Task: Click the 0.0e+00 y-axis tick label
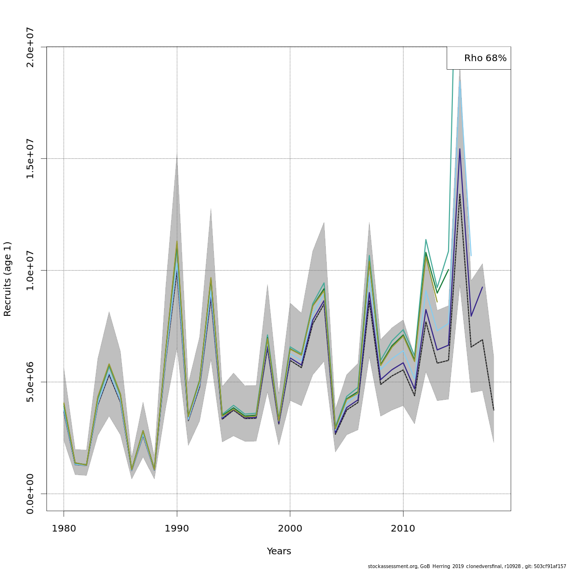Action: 30,494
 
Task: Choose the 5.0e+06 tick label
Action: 30,382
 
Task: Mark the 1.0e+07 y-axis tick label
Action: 30,270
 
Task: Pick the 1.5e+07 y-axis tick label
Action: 30,158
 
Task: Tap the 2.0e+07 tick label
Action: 30,47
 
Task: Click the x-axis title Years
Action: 279,551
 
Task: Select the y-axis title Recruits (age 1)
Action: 8,279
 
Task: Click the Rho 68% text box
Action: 479,58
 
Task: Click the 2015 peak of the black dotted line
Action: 459,194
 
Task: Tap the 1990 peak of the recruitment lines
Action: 177,241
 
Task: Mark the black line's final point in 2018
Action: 494,410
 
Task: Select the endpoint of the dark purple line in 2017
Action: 482,287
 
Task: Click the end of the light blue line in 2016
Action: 471,256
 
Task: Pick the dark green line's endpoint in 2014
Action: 448,269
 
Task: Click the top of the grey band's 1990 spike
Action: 177,155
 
